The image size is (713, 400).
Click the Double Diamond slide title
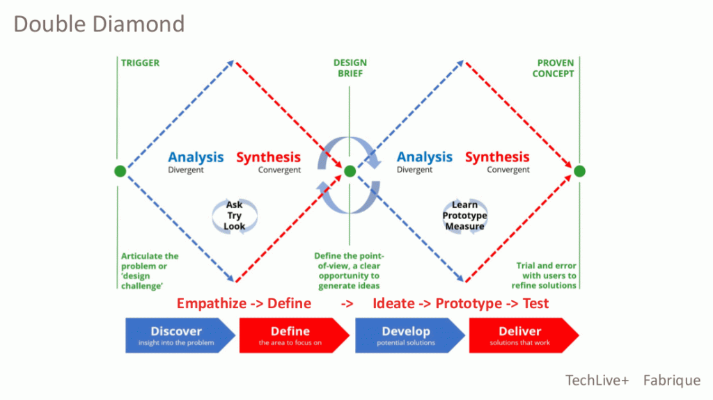(99, 24)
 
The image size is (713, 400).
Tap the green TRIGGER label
(140, 63)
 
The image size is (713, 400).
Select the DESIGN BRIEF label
(350, 67)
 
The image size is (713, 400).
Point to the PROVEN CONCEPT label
(553, 68)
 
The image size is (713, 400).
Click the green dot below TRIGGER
(120, 171)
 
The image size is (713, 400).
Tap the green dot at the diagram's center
(350, 171)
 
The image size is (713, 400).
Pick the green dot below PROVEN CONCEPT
(579, 171)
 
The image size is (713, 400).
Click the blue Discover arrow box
(180, 335)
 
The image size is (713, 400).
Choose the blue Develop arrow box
(409, 335)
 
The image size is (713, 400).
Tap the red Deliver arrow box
(524, 335)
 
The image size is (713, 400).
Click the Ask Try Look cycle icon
(235, 216)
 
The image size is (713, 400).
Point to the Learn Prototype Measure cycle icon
(464, 216)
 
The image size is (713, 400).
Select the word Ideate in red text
(394, 303)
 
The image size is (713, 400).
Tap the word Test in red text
(535, 303)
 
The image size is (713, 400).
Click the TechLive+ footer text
(597, 380)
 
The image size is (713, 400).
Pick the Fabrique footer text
(672, 380)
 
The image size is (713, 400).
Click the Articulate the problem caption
(150, 271)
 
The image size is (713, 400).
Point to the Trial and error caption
(544, 275)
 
